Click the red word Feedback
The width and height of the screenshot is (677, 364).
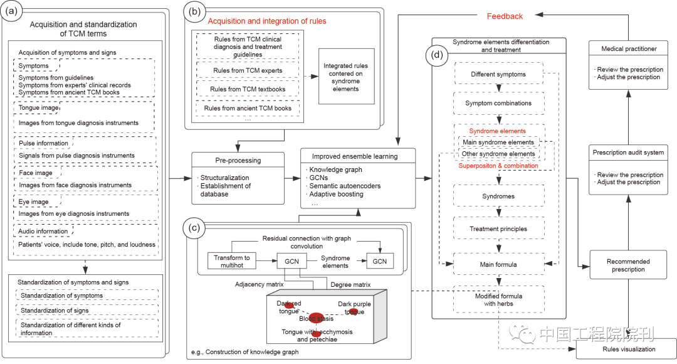pos(504,16)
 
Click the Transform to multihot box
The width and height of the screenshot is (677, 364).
pos(232,261)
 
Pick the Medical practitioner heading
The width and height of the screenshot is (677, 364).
pos(629,48)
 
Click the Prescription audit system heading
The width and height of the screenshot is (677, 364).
pos(629,153)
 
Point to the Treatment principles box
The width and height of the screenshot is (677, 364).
pos(498,228)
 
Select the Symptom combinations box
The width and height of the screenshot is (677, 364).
pos(498,103)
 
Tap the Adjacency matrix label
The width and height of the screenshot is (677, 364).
pos(260,284)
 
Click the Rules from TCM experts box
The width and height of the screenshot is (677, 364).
pos(248,70)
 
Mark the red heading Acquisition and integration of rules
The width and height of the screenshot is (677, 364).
pos(267,21)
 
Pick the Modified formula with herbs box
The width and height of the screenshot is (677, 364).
pos(498,299)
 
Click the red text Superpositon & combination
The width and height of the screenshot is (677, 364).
pos(498,166)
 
